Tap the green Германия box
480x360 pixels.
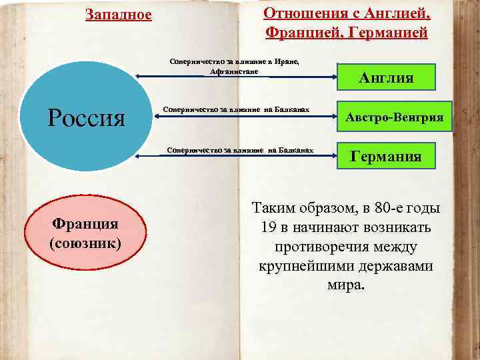(x=386, y=157)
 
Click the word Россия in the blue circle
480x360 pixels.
(x=87, y=118)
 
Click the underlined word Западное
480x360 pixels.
(x=119, y=15)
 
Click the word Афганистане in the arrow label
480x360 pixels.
(x=233, y=71)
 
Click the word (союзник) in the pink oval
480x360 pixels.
(x=85, y=243)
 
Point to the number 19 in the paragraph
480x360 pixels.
(x=269, y=228)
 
